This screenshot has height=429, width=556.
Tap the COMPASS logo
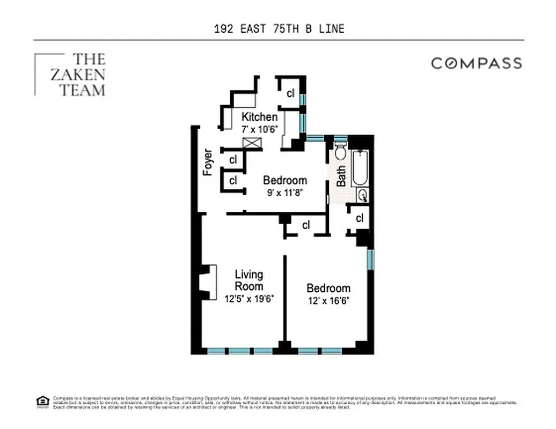pyautogui.click(x=477, y=63)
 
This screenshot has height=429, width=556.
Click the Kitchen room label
pyautogui.click(x=259, y=117)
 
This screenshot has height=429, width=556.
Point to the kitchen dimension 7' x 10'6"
pyautogui.click(x=259, y=128)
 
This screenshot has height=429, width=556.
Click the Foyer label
pyautogui.click(x=208, y=162)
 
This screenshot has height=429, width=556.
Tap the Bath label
pyautogui.click(x=341, y=175)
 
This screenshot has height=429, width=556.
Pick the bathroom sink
pyautogui.click(x=363, y=195)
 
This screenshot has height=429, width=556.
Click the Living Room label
pyautogui.click(x=249, y=280)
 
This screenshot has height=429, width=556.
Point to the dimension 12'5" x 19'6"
pyautogui.click(x=249, y=299)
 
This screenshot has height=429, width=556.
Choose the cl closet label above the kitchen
pyautogui.click(x=290, y=93)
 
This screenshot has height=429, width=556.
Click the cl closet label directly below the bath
pyautogui.click(x=360, y=218)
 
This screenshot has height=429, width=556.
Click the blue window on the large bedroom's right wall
pyautogui.click(x=370, y=259)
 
